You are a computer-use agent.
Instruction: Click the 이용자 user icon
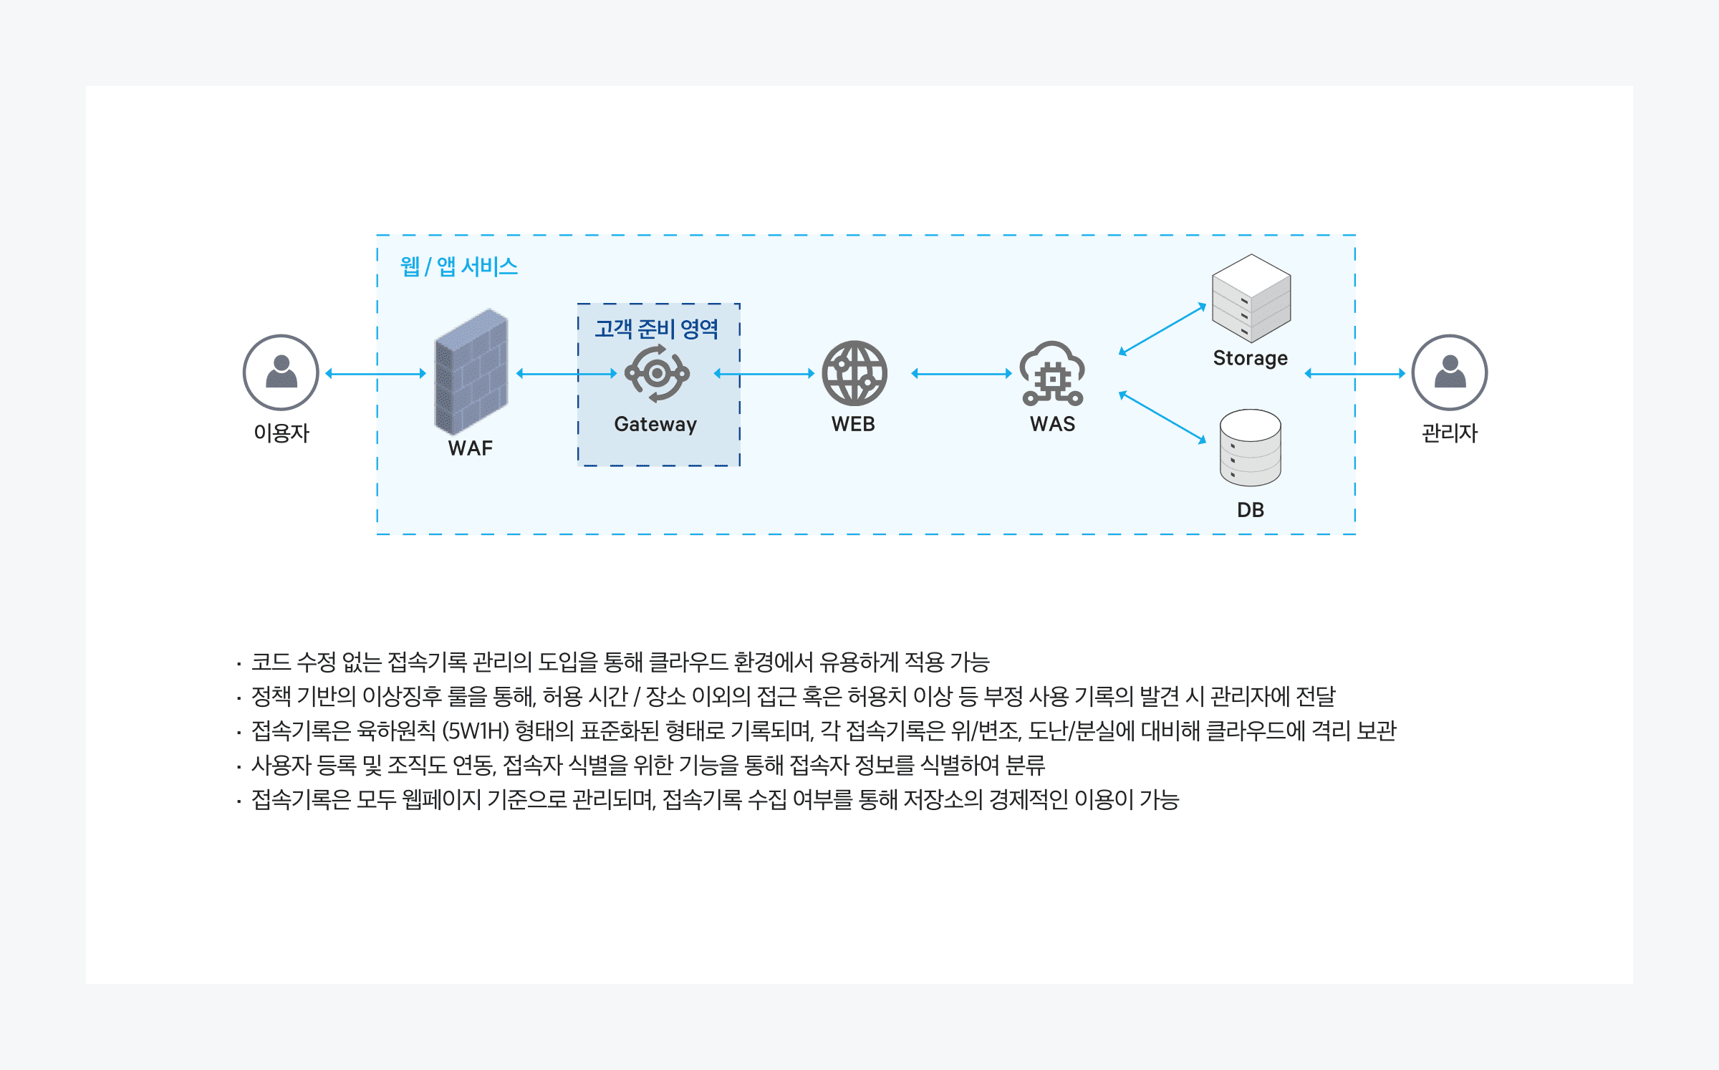pyautogui.click(x=281, y=372)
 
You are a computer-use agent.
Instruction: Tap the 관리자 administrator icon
pyautogui.click(x=1449, y=372)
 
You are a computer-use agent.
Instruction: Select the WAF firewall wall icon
pyautogui.click(x=471, y=372)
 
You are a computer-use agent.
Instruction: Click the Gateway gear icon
pyautogui.click(x=657, y=373)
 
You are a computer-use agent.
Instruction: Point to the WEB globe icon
pyautogui.click(x=854, y=373)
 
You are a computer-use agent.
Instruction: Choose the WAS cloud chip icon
pyautogui.click(x=1052, y=373)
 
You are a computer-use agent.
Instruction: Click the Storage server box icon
pyautogui.click(x=1251, y=299)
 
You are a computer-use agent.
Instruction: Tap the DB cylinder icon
pyautogui.click(x=1251, y=448)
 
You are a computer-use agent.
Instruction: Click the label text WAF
pyautogui.click(x=471, y=448)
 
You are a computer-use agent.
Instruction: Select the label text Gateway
pyautogui.click(x=655, y=425)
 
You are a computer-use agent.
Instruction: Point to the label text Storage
pyautogui.click(x=1251, y=358)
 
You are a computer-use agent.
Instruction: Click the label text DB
pyautogui.click(x=1251, y=510)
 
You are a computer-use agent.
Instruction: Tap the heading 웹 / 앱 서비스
pyautogui.click(x=459, y=267)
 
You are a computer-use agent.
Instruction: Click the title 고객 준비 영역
pyautogui.click(x=657, y=329)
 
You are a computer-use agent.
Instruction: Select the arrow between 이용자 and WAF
pyautogui.click(x=376, y=373)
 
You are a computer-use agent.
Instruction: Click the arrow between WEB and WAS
pyautogui.click(x=961, y=373)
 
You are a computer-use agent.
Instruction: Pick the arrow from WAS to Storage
pyautogui.click(x=1162, y=329)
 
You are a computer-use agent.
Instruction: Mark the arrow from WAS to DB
pyautogui.click(x=1162, y=418)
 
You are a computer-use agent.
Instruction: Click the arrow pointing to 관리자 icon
pyautogui.click(x=1354, y=373)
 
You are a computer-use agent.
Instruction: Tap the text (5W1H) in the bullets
pyautogui.click(x=476, y=731)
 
